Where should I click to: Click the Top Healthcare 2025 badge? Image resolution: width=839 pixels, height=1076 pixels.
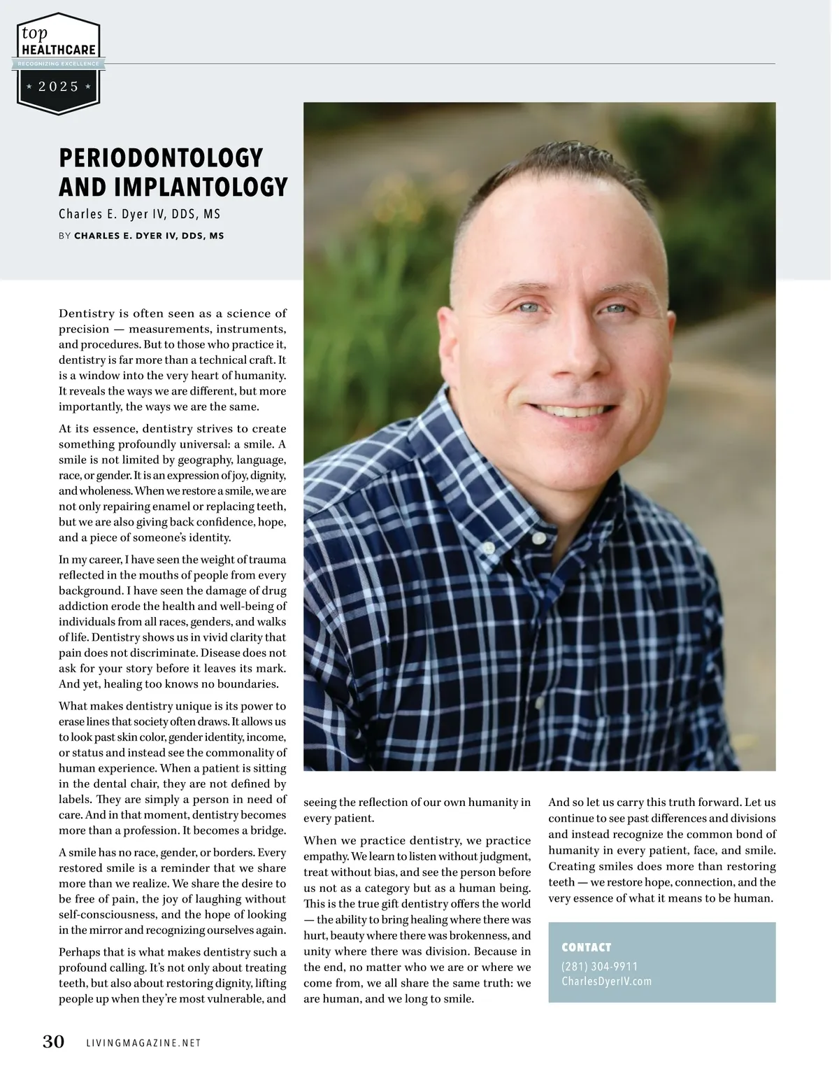point(59,63)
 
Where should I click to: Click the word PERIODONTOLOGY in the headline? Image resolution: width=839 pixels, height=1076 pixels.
point(161,158)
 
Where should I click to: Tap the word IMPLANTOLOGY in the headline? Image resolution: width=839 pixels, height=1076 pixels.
point(201,187)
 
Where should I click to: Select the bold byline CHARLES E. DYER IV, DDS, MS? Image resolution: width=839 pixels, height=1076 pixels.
point(149,236)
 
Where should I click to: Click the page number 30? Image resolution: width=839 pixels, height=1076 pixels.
point(53,1042)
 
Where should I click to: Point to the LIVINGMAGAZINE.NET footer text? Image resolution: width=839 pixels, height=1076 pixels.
point(143,1043)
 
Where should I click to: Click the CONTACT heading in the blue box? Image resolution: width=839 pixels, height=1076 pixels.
point(586,947)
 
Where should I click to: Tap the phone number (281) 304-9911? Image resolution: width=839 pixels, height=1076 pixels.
point(599,966)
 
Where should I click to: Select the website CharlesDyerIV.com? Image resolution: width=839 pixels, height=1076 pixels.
point(606,982)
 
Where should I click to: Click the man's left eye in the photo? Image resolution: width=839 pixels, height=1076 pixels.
point(615,309)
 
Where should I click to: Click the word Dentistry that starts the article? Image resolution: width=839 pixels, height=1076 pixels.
point(87,313)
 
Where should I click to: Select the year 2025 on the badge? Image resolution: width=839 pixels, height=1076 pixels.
point(59,87)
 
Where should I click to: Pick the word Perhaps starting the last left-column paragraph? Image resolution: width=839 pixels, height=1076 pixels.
point(80,952)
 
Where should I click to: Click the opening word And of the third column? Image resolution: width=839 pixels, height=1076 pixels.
point(559,802)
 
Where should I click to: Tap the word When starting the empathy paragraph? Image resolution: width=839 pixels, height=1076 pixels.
point(320,841)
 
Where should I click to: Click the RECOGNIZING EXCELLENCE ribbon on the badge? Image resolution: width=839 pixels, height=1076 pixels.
point(59,64)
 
